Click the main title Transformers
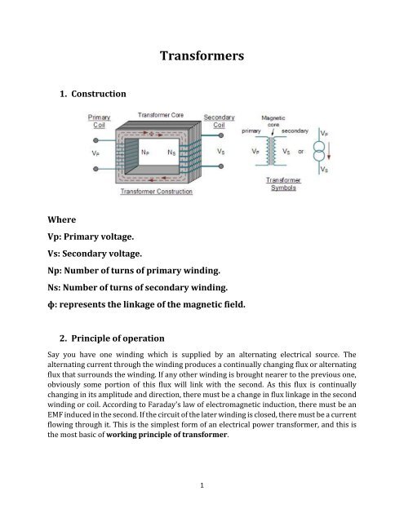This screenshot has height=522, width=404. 202,55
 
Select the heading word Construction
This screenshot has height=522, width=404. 99,94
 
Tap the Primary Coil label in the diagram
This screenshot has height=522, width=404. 99,122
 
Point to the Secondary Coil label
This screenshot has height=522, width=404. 219,122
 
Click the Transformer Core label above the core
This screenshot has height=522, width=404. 161,115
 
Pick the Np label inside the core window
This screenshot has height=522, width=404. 145,153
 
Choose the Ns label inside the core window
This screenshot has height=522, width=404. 171,153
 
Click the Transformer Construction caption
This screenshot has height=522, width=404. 156,192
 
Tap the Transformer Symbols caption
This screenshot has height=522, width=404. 283,184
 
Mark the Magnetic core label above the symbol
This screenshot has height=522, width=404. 273,121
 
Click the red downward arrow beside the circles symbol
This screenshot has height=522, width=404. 329,151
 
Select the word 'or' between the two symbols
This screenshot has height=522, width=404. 300,152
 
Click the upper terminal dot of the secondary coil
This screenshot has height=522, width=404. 221,135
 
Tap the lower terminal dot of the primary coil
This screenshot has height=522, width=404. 95,169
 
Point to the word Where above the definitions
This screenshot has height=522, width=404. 61,219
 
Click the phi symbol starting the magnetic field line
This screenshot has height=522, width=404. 51,304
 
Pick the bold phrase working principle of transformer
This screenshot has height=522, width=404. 166,435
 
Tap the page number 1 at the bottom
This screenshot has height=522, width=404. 202,485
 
